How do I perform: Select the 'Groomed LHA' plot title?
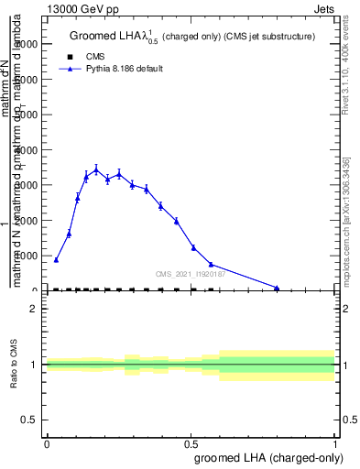192,37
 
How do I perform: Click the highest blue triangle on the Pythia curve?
96,169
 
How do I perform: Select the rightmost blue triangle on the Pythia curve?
277,288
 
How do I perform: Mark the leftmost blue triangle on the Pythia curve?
56,259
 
